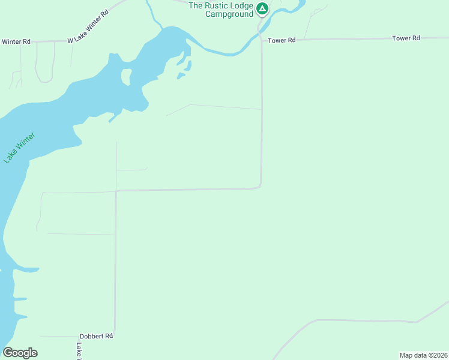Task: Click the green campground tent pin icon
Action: click(x=262, y=8)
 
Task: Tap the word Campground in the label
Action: click(x=229, y=14)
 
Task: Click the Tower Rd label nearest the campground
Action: click(x=282, y=40)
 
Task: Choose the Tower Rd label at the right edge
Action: click(x=406, y=38)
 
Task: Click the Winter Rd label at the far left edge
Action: click(x=16, y=42)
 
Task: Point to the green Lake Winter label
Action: click(x=20, y=148)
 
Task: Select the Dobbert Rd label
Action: click(x=96, y=337)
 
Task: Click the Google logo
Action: click(x=20, y=353)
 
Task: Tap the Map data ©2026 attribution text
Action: click(x=423, y=355)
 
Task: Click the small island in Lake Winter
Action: click(x=126, y=76)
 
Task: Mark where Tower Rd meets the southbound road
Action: click(x=262, y=40)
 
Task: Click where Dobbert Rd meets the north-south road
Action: click(x=115, y=337)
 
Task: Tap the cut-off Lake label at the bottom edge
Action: click(x=79, y=351)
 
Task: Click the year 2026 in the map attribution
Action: click(x=439, y=355)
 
